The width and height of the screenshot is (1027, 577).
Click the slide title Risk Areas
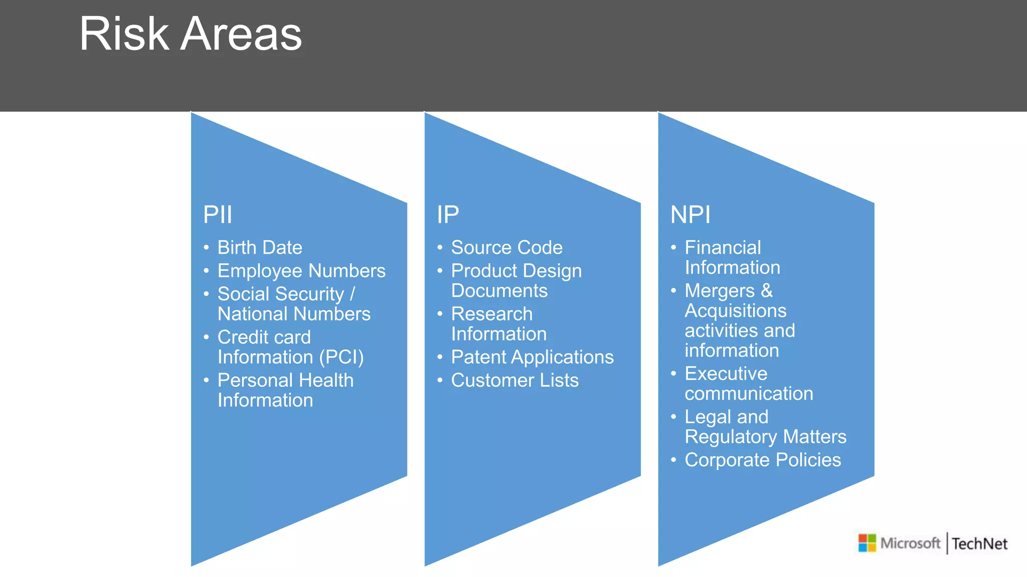click(x=191, y=34)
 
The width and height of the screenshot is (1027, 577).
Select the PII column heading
click(x=217, y=215)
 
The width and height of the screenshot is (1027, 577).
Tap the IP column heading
click(x=447, y=215)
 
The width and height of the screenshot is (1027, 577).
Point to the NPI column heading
click(x=690, y=215)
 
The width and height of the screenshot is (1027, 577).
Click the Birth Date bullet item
click(x=259, y=247)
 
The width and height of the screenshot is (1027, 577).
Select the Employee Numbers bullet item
click(x=301, y=271)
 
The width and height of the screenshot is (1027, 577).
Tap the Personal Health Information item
click(x=285, y=390)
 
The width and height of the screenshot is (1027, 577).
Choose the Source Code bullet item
click(x=506, y=247)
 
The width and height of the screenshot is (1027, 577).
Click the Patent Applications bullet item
click(x=532, y=357)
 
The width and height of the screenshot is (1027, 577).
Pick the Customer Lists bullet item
click(x=515, y=380)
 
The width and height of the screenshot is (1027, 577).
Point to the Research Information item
click(x=498, y=324)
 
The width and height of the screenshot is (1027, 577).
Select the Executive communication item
click(x=748, y=384)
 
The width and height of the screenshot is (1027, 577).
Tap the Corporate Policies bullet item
click(x=762, y=460)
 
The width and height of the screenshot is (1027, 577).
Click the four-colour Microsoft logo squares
click(x=867, y=543)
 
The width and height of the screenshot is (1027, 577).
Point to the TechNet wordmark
click(x=979, y=543)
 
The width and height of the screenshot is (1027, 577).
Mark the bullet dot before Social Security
click(x=206, y=294)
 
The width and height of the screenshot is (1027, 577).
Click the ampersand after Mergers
click(x=767, y=291)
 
